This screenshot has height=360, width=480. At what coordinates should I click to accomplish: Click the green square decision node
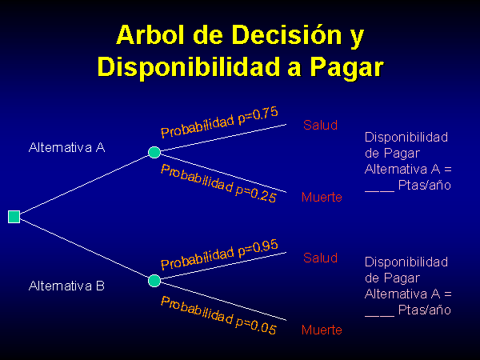coord(14,217)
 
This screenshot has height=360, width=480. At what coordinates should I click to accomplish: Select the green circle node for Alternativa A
coord(154,152)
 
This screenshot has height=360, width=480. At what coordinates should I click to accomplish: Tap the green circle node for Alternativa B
coord(154,281)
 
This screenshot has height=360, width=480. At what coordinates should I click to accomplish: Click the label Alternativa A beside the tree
coord(66,147)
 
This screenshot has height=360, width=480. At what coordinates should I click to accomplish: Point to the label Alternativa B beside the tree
coord(66,286)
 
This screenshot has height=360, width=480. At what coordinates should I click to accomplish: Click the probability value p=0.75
coord(258,115)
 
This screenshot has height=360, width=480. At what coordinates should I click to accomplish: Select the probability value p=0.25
coord(256,193)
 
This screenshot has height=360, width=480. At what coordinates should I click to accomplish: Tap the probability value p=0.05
coord(256,326)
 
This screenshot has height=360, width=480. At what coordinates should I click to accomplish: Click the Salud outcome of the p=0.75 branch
coord(320,126)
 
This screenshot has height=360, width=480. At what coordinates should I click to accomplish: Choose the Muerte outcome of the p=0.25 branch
coord(322,197)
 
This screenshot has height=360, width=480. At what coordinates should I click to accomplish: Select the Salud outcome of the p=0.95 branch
coord(320,258)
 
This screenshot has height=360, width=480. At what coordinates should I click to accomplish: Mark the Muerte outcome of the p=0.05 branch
coord(322,330)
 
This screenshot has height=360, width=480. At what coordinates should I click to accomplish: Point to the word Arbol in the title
coord(151,34)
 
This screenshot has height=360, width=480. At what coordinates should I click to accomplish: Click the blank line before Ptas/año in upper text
coord(379,191)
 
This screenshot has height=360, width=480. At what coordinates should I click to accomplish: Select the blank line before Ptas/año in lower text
coord(379,316)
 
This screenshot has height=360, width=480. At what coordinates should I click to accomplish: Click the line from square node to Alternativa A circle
coord(84,184)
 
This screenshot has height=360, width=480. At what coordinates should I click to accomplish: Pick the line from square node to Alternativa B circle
coord(84,249)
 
